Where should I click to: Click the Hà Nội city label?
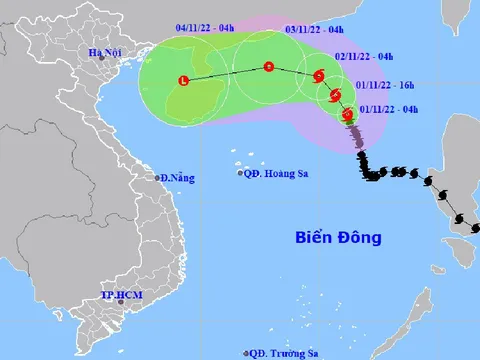coord(105,52)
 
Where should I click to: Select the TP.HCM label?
coord(123,296)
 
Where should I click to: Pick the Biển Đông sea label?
coord(339,237)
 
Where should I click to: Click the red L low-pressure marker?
coord(182,80)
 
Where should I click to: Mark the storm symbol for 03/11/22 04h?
coord(268,67)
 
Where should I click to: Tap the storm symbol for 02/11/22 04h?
coord(318,76)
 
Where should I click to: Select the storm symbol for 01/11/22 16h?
coord(333,97)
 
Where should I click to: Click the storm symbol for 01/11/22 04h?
coord(347,117)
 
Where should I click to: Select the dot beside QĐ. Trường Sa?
coord(246,353)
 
